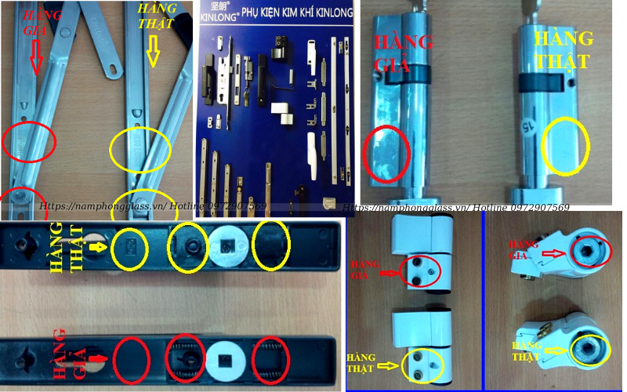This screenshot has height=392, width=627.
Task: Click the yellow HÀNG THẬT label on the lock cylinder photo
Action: click(x=562, y=49)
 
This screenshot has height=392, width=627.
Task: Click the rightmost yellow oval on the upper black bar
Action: click(x=270, y=246)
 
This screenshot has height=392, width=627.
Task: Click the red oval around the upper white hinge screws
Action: click(x=420, y=270)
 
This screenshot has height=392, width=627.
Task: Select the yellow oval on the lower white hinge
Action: click(x=422, y=362)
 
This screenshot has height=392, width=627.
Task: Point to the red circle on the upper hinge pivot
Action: click(x=583, y=251)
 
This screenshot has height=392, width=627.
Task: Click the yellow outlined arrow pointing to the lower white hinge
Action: click(x=387, y=365)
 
